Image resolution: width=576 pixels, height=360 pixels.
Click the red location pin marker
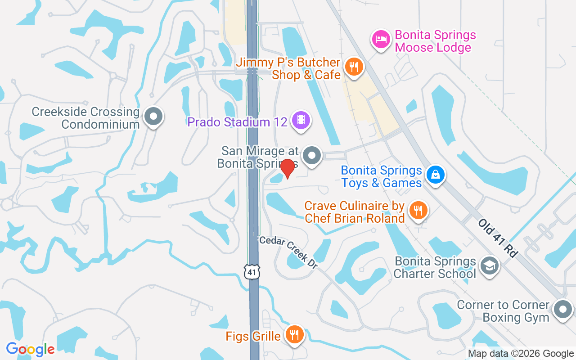(287, 168)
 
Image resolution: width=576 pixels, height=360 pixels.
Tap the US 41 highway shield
(252, 271)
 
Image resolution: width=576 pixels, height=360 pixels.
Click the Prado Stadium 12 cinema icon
(301, 120)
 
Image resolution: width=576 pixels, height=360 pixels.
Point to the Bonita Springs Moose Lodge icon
(381, 39)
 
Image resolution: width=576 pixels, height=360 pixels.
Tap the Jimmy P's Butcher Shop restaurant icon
(354, 67)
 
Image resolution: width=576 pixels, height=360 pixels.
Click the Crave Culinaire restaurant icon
(418, 210)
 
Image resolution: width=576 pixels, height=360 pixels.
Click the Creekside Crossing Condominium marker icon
(153, 117)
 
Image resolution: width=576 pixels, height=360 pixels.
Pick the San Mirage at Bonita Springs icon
(311, 156)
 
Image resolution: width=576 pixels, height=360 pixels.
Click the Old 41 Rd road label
(497, 238)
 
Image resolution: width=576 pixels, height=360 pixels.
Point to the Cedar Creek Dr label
(288, 252)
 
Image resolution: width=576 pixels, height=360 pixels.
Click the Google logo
(30, 349)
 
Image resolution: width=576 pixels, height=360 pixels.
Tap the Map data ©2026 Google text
(521, 354)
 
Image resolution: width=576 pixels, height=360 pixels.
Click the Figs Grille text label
(253, 336)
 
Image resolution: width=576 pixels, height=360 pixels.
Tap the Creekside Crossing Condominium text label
(85, 118)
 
